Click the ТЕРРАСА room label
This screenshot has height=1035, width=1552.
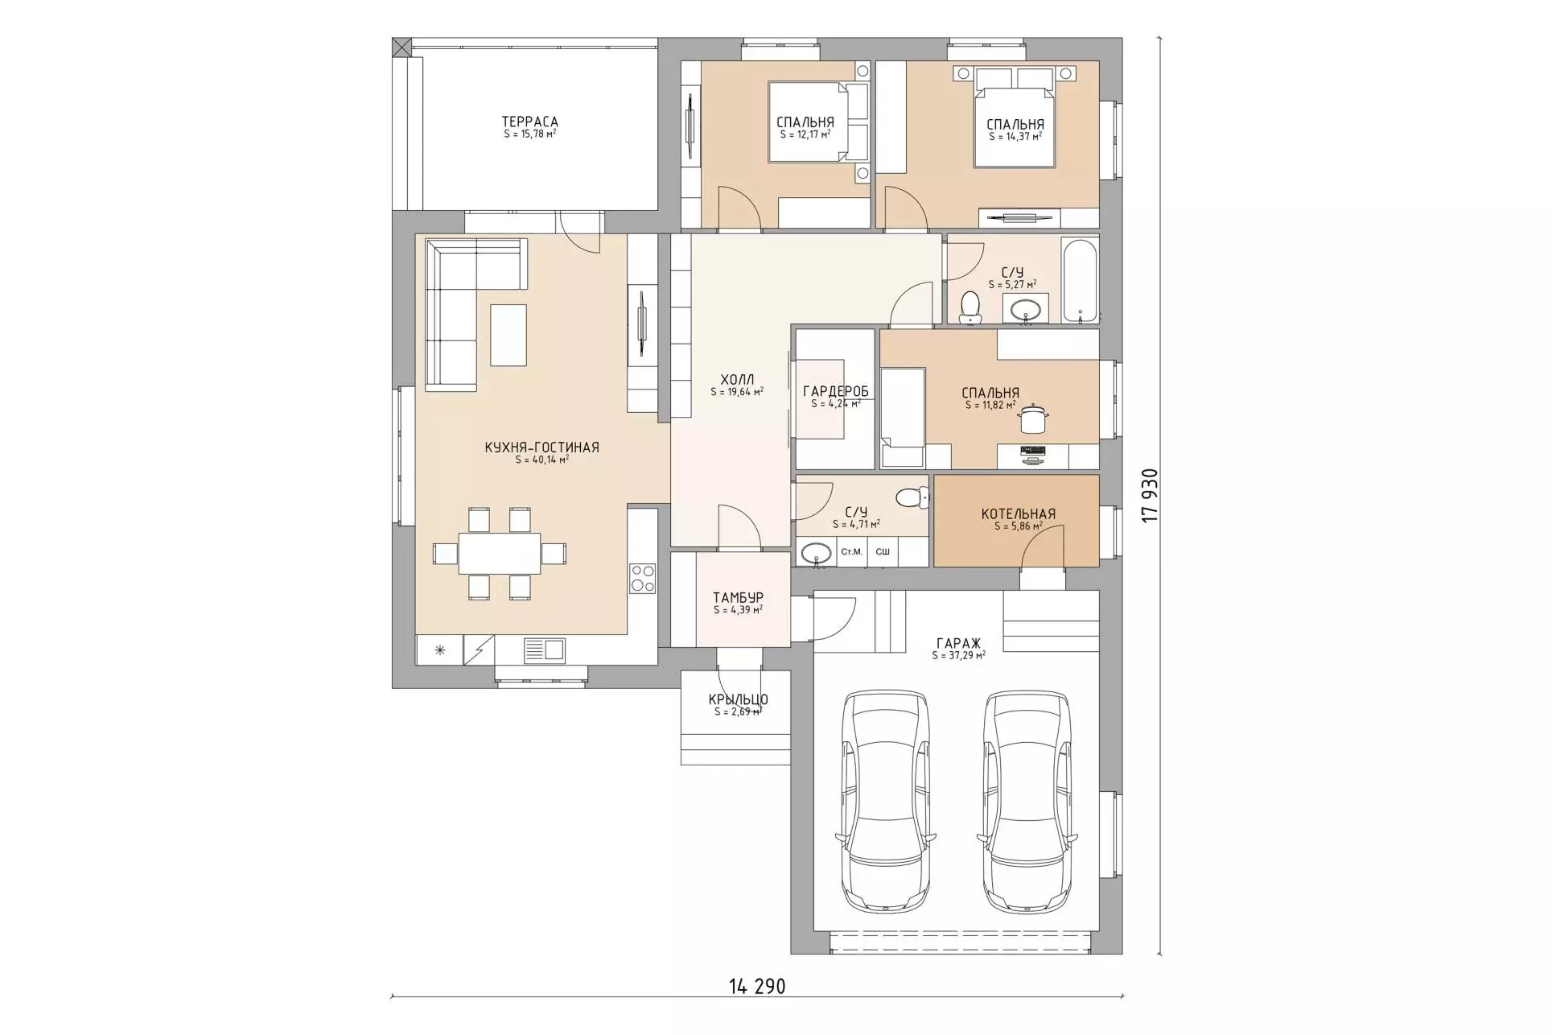coord(529,122)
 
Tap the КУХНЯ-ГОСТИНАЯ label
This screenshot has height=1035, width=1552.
coord(541,447)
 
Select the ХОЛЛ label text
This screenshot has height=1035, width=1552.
coord(737,380)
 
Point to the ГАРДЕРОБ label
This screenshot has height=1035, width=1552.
coord(836,391)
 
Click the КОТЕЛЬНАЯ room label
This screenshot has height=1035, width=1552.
coord(1018,513)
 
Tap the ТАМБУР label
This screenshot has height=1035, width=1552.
coord(738,597)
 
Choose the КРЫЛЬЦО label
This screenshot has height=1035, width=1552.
coord(738,699)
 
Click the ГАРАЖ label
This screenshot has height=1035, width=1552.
coord(958,643)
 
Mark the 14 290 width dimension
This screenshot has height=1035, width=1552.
coord(756,986)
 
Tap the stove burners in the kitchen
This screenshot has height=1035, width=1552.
coord(642,577)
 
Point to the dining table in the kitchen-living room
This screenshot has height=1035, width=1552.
coord(500,553)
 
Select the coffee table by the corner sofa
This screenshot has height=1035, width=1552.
coord(508,335)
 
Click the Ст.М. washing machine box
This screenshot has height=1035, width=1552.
coord(852,552)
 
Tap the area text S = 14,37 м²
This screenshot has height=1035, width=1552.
coord(1015,137)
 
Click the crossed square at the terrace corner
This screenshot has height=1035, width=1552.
coord(401,47)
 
